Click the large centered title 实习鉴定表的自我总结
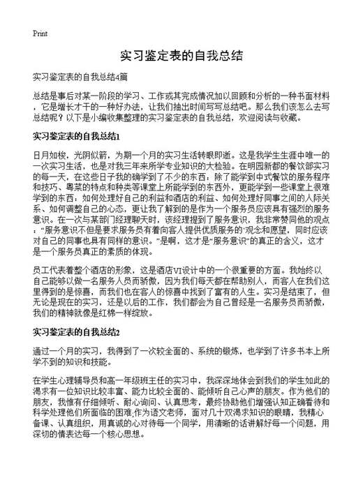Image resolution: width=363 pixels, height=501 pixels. (x=181, y=55)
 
